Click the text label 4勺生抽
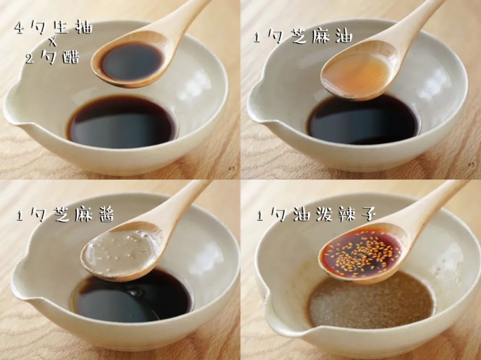tap(53, 28)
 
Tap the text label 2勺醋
tap(53, 57)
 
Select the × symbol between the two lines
tap(53, 43)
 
